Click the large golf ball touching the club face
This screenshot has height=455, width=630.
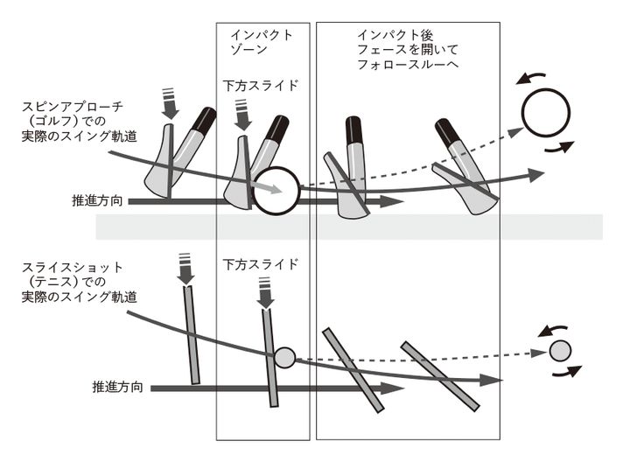[276, 188]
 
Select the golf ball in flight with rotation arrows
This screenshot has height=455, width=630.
[545, 112]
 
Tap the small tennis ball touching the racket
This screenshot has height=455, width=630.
[284, 356]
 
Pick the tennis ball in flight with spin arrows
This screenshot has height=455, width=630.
[559, 352]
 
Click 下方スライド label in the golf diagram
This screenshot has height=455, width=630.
[261, 86]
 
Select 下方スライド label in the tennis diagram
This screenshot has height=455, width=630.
[261, 263]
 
